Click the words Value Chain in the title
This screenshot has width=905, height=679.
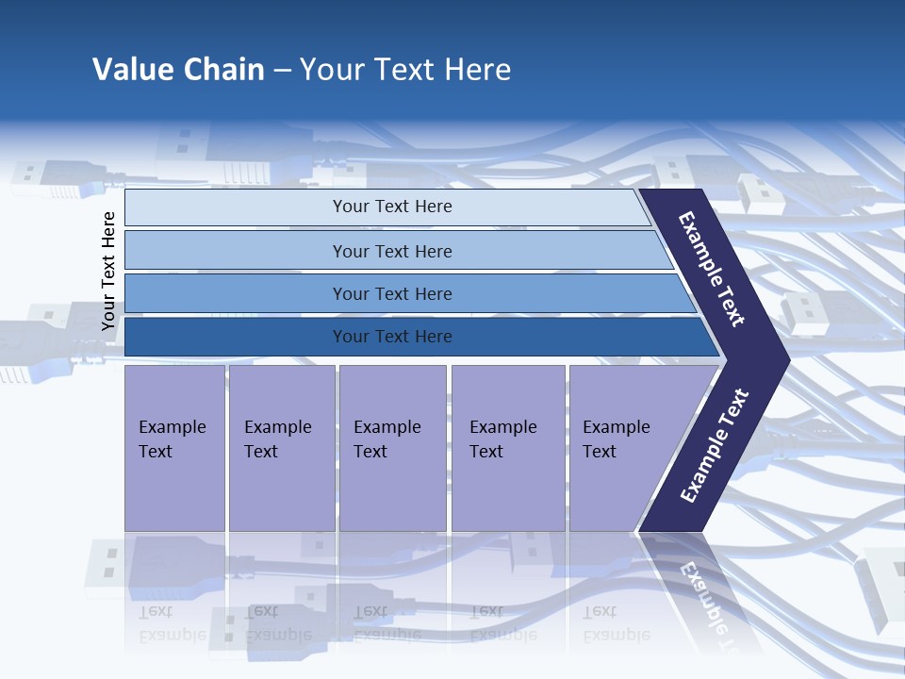(x=178, y=70)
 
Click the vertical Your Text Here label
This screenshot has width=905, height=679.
(x=108, y=271)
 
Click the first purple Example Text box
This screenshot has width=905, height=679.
(x=174, y=448)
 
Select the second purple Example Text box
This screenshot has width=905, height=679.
(x=281, y=448)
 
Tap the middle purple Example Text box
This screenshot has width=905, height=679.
(x=392, y=448)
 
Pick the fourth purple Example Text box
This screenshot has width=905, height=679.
(x=508, y=448)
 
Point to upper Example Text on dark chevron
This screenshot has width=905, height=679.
(x=712, y=269)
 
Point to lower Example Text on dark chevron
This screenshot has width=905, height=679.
(x=714, y=446)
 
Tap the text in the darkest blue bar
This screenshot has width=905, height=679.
(x=392, y=337)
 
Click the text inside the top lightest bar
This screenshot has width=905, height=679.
(x=392, y=207)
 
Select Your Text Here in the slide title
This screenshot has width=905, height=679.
(x=405, y=70)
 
